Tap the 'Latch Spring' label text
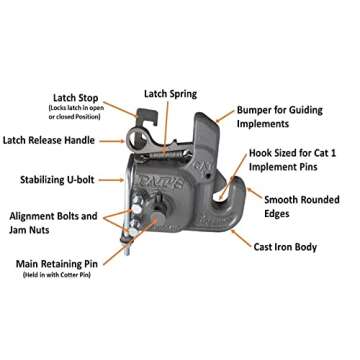pos(169,93)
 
